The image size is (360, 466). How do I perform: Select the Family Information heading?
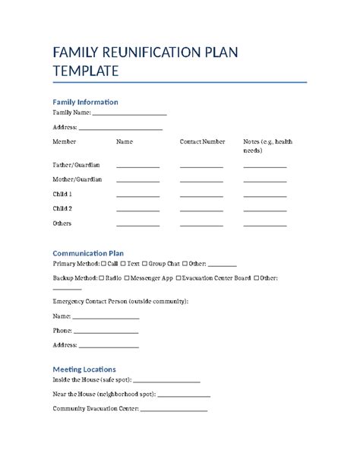pyautogui.click(x=84, y=102)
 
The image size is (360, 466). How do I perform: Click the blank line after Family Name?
pyautogui.click(x=129, y=113)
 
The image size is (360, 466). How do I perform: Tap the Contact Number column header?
pyautogui.click(x=202, y=141)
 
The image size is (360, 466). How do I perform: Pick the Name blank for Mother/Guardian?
pyautogui.click(x=137, y=181)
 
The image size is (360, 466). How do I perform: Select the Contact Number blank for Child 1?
pyautogui.click(x=201, y=195)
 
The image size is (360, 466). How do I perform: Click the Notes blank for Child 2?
pyautogui.click(x=265, y=210)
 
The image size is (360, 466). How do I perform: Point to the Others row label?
pyautogui.click(x=62, y=223)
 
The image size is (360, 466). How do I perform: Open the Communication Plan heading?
pyautogui.click(x=87, y=253)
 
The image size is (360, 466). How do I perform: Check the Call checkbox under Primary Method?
pyautogui.click(x=103, y=263)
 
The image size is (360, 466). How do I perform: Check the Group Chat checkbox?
pyautogui.click(x=144, y=263)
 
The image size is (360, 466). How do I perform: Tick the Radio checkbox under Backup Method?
pyautogui.click(x=102, y=278)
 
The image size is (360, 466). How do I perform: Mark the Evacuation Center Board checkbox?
pyautogui.click(x=178, y=278)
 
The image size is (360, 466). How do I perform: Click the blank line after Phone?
pyautogui.click(x=106, y=332)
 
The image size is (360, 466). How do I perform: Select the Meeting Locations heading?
pyautogui.click(x=84, y=369)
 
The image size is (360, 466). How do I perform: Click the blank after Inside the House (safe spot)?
pyautogui.click(x=166, y=380)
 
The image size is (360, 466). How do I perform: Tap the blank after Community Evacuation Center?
pyautogui.click(x=174, y=410)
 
